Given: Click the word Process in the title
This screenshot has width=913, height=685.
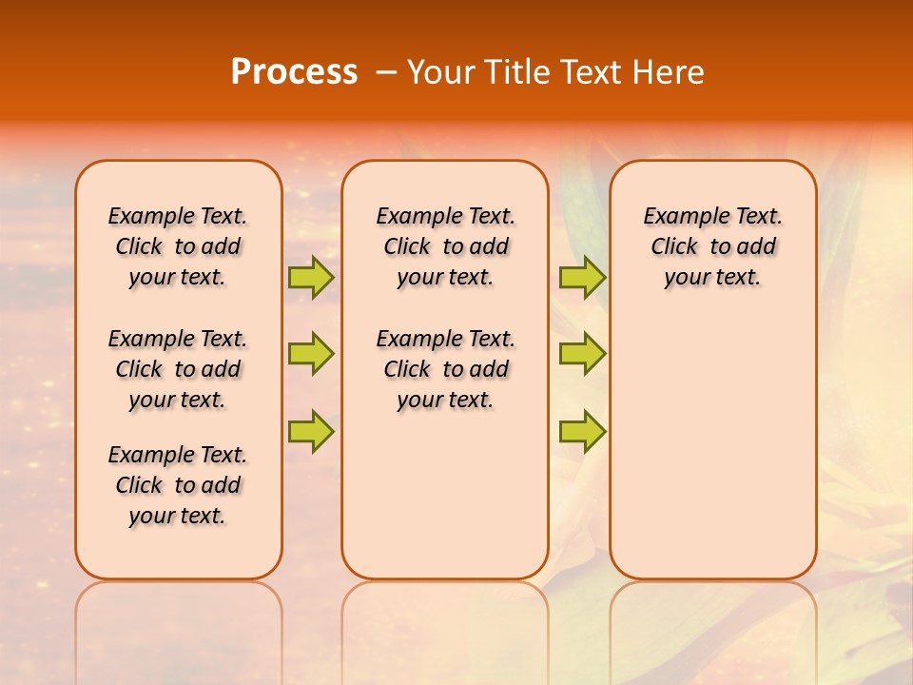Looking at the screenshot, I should [x=294, y=72].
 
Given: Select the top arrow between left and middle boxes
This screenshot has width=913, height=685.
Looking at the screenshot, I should [x=311, y=277].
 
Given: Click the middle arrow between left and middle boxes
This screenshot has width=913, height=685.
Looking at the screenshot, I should [x=311, y=354].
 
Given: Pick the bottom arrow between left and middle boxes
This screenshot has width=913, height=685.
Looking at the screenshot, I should [x=311, y=431].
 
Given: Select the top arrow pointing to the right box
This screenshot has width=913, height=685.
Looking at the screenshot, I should [x=582, y=277].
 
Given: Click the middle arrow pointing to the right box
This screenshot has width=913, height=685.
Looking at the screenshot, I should [x=582, y=354].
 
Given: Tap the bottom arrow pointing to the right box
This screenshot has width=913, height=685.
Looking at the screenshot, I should [x=582, y=431].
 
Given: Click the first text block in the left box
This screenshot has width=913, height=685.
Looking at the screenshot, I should [x=178, y=246].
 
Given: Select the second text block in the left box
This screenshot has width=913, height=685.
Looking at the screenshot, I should [x=178, y=369].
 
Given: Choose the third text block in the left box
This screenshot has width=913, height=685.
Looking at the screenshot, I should [x=178, y=485].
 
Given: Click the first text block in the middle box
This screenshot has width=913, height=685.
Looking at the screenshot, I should [x=445, y=246].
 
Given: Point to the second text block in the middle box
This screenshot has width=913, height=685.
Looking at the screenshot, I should [x=445, y=369].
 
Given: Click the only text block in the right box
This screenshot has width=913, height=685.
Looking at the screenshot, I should [x=712, y=246].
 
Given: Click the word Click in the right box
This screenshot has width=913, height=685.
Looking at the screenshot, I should [x=674, y=247].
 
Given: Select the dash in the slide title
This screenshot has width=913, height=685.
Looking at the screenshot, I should [x=386, y=72].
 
